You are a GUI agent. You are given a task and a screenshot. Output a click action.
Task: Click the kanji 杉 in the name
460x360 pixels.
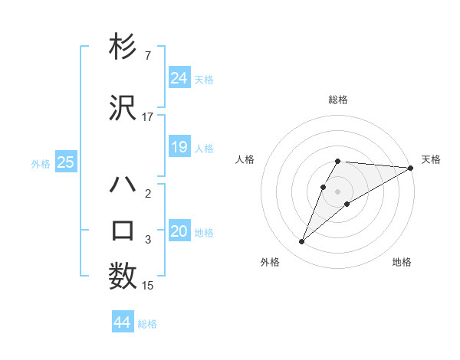(x=123, y=47)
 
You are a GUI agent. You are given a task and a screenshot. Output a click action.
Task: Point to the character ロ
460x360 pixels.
(x=123, y=231)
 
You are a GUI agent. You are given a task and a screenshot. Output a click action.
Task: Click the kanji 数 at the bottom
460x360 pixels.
(x=123, y=276)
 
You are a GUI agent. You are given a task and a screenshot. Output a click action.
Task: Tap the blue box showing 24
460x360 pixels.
(x=179, y=77)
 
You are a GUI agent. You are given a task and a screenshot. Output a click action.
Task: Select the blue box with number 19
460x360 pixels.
(x=179, y=147)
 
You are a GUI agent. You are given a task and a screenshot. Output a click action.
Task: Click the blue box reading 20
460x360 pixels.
(x=179, y=231)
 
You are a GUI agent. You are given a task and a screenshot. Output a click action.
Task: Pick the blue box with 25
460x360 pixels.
(x=66, y=162)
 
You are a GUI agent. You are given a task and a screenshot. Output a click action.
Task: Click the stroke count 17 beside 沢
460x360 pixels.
(x=148, y=117)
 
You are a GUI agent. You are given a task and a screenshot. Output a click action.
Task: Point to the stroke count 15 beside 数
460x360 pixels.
(x=148, y=286)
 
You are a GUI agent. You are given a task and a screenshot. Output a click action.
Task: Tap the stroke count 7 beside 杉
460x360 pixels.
(x=148, y=57)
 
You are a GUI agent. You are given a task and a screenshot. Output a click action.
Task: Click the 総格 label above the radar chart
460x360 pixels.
(x=338, y=100)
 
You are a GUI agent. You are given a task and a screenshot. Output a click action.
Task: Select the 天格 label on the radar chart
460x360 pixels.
(x=431, y=159)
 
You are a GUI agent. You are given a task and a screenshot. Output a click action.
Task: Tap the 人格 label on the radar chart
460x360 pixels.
(x=245, y=159)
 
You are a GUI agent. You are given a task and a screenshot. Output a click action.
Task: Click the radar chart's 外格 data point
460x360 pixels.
(x=302, y=242)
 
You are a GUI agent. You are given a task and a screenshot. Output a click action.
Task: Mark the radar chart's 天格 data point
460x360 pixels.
(x=411, y=168)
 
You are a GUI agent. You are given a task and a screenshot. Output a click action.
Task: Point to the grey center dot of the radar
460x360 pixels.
(x=338, y=191)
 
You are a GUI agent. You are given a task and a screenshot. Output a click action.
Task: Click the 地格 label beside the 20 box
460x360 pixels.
(x=204, y=233)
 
